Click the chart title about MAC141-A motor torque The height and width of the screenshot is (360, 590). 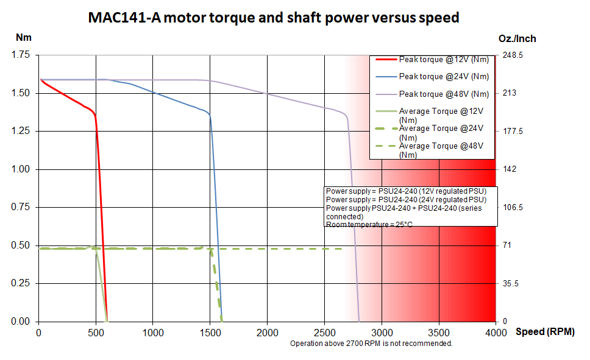(274, 18)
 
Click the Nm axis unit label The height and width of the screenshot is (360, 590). (23, 37)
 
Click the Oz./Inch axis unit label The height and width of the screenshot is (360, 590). (517, 38)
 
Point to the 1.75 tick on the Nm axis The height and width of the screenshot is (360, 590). (21, 55)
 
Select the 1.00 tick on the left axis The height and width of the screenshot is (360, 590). (21, 169)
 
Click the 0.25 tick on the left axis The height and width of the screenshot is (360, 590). (21, 283)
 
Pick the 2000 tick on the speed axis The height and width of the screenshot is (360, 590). (267, 333)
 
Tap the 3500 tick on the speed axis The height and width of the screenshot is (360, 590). (438, 333)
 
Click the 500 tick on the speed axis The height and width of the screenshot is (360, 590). (96, 333)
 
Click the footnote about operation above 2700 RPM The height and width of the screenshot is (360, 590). (371, 344)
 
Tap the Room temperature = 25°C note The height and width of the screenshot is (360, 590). (369, 225)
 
